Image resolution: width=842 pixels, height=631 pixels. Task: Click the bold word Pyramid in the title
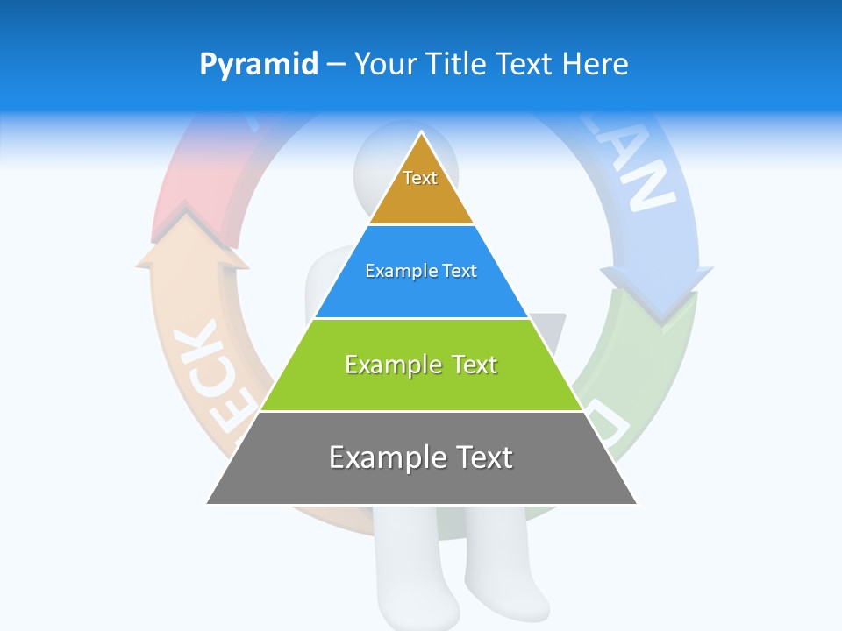[259, 65]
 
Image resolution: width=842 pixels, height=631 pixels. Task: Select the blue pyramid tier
[421, 294]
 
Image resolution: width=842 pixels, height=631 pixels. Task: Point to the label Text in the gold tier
[420, 178]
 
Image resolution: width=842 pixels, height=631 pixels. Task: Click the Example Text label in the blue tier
[421, 271]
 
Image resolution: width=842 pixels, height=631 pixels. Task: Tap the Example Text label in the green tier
[421, 365]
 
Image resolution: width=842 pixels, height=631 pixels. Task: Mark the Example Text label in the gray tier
[421, 457]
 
